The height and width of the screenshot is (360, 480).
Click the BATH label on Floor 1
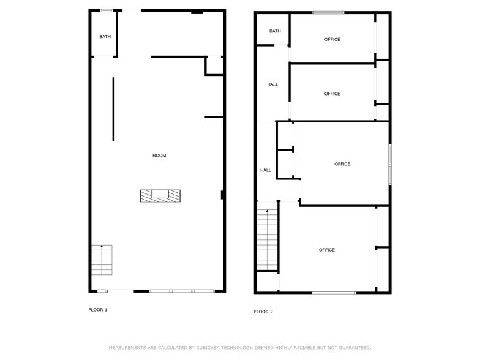[x=105, y=37]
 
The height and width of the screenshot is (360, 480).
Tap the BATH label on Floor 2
[x=275, y=31]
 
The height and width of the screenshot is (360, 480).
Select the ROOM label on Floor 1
[x=159, y=156]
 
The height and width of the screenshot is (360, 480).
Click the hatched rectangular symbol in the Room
[x=160, y=195]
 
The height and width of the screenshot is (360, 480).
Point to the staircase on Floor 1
[x=102, y=259]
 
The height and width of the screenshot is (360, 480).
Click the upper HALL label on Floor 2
[x=272, y=84]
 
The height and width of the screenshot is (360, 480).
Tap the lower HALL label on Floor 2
[x=266, y=170]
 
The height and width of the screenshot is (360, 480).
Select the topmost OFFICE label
[x=332, y=40]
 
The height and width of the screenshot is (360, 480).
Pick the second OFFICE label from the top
[x=332, y=94]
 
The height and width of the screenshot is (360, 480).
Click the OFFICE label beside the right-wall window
[x=342, y=164]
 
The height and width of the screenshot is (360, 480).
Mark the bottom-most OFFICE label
[x=327, y=250]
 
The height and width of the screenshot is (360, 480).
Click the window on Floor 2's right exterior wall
[x=389, y=164]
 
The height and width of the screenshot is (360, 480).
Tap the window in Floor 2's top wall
[x=328, y=12]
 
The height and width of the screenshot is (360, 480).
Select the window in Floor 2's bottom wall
[x=334, y=293]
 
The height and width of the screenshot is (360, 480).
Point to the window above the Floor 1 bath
[x=107, y=10]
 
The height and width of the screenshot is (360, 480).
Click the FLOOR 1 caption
[x=98, y=310]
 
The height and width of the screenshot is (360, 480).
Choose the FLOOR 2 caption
[x=263, y=312]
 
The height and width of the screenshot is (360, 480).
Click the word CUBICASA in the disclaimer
[x=208, y=347]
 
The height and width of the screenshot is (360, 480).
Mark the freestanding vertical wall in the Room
[x=113, y=109]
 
